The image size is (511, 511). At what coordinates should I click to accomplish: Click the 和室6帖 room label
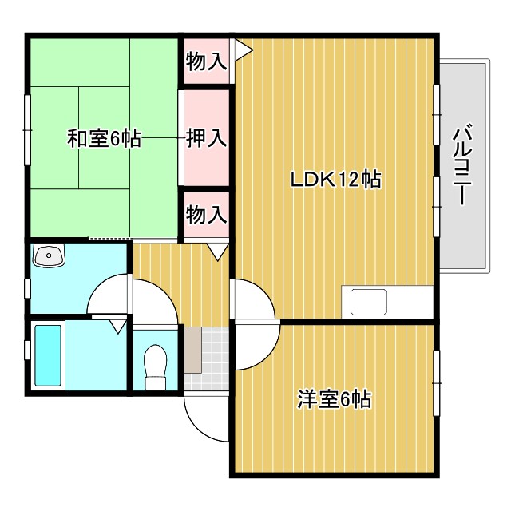click(x=104, y=139)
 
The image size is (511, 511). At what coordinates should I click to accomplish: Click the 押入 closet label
click(x=207, y=138)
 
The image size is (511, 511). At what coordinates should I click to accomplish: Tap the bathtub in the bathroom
click(x=50, y=355)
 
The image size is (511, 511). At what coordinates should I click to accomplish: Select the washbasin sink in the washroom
click(x=50, y=256)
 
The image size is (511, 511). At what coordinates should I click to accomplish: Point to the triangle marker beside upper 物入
click(x=242, y=50)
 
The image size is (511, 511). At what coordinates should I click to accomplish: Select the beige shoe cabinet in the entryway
click(x=192, y=349)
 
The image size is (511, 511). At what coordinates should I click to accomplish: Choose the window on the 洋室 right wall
click(x=437, y=382)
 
